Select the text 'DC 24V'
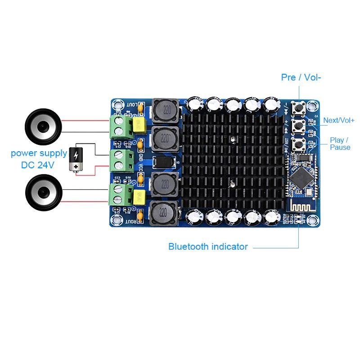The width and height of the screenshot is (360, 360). tap(38, 165)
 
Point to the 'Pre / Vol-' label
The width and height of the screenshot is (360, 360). tap(301, 77)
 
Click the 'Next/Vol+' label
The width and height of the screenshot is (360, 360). tap(339, 120)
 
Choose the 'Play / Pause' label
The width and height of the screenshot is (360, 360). tap(340, 144)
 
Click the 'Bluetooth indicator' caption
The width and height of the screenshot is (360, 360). tap(208, 247)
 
